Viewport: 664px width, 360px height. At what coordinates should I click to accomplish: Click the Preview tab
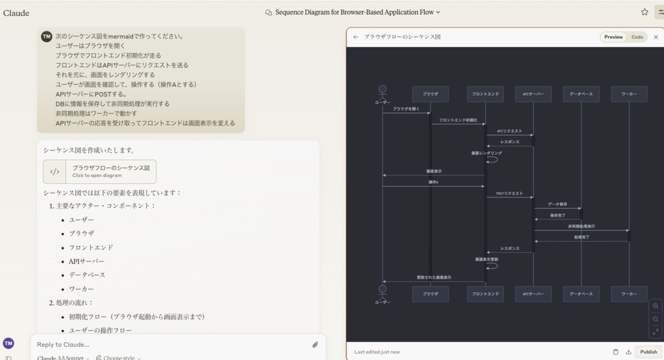point(613,37)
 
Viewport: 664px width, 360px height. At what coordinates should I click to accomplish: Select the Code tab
point(637,37)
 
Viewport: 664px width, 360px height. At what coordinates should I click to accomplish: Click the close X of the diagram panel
point(656,37)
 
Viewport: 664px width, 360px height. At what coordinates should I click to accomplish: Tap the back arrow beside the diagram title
point(356,37)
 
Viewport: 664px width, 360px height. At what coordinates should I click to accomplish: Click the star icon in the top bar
point(645,12)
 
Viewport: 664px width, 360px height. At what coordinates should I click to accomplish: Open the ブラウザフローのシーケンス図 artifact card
point(100,172)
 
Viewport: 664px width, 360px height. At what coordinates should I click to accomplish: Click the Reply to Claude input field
point(169,345)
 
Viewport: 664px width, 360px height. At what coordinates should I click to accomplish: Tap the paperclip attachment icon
point(315,345)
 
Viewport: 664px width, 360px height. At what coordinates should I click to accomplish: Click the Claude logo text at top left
point(16,13)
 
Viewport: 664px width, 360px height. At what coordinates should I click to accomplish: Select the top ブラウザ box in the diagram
point(431,94)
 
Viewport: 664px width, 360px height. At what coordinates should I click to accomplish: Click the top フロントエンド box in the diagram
point(485,94)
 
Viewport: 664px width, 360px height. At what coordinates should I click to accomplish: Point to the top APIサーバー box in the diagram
point(533,94)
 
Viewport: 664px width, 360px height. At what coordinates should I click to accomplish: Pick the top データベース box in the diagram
point(581,94)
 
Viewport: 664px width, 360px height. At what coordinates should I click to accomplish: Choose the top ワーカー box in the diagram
point(629,94)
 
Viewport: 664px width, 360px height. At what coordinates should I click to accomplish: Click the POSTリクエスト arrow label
point(509,194)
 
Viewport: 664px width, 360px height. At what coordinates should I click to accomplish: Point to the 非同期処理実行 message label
point(581,226)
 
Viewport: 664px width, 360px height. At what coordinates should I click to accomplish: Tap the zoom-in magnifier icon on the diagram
point(655,306)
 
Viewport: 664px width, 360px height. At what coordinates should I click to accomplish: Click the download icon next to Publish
point(628,352)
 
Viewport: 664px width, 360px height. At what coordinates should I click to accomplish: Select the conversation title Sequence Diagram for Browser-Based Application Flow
point(354,12)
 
